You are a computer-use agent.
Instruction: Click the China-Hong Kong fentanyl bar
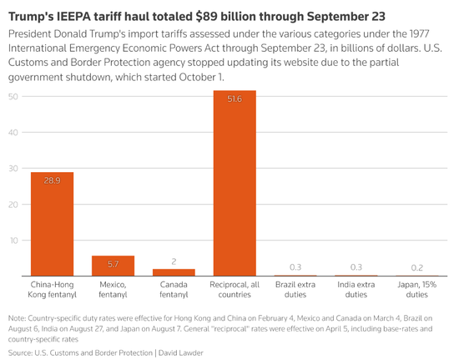click(52, 224)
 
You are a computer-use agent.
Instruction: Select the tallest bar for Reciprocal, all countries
click(235, 183)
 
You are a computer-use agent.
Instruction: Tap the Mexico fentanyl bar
click(113, 266)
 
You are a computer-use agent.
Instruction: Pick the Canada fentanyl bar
click(174, 272)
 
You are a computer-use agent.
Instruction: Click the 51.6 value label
click(235, 99)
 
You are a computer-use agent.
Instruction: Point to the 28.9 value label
click(52, 180)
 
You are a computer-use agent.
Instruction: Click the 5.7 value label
click(113, 264)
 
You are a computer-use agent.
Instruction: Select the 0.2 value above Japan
click(417, 267)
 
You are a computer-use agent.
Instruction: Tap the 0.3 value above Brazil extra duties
click(295, 267)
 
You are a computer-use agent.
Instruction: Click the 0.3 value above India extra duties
click(356, 267)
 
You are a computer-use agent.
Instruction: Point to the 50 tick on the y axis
click(13, 97)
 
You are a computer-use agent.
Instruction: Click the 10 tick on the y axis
click(13, 241)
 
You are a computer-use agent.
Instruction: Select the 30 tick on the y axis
click(13, 169)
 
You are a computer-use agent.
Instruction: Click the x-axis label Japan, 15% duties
click(417, 291)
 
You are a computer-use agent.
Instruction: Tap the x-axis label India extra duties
click(356, 291)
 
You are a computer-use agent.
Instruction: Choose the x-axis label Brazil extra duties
click(295, 291)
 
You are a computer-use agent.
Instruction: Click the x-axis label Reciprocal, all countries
click(235, 291)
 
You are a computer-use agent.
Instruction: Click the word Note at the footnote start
click(17, 319)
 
